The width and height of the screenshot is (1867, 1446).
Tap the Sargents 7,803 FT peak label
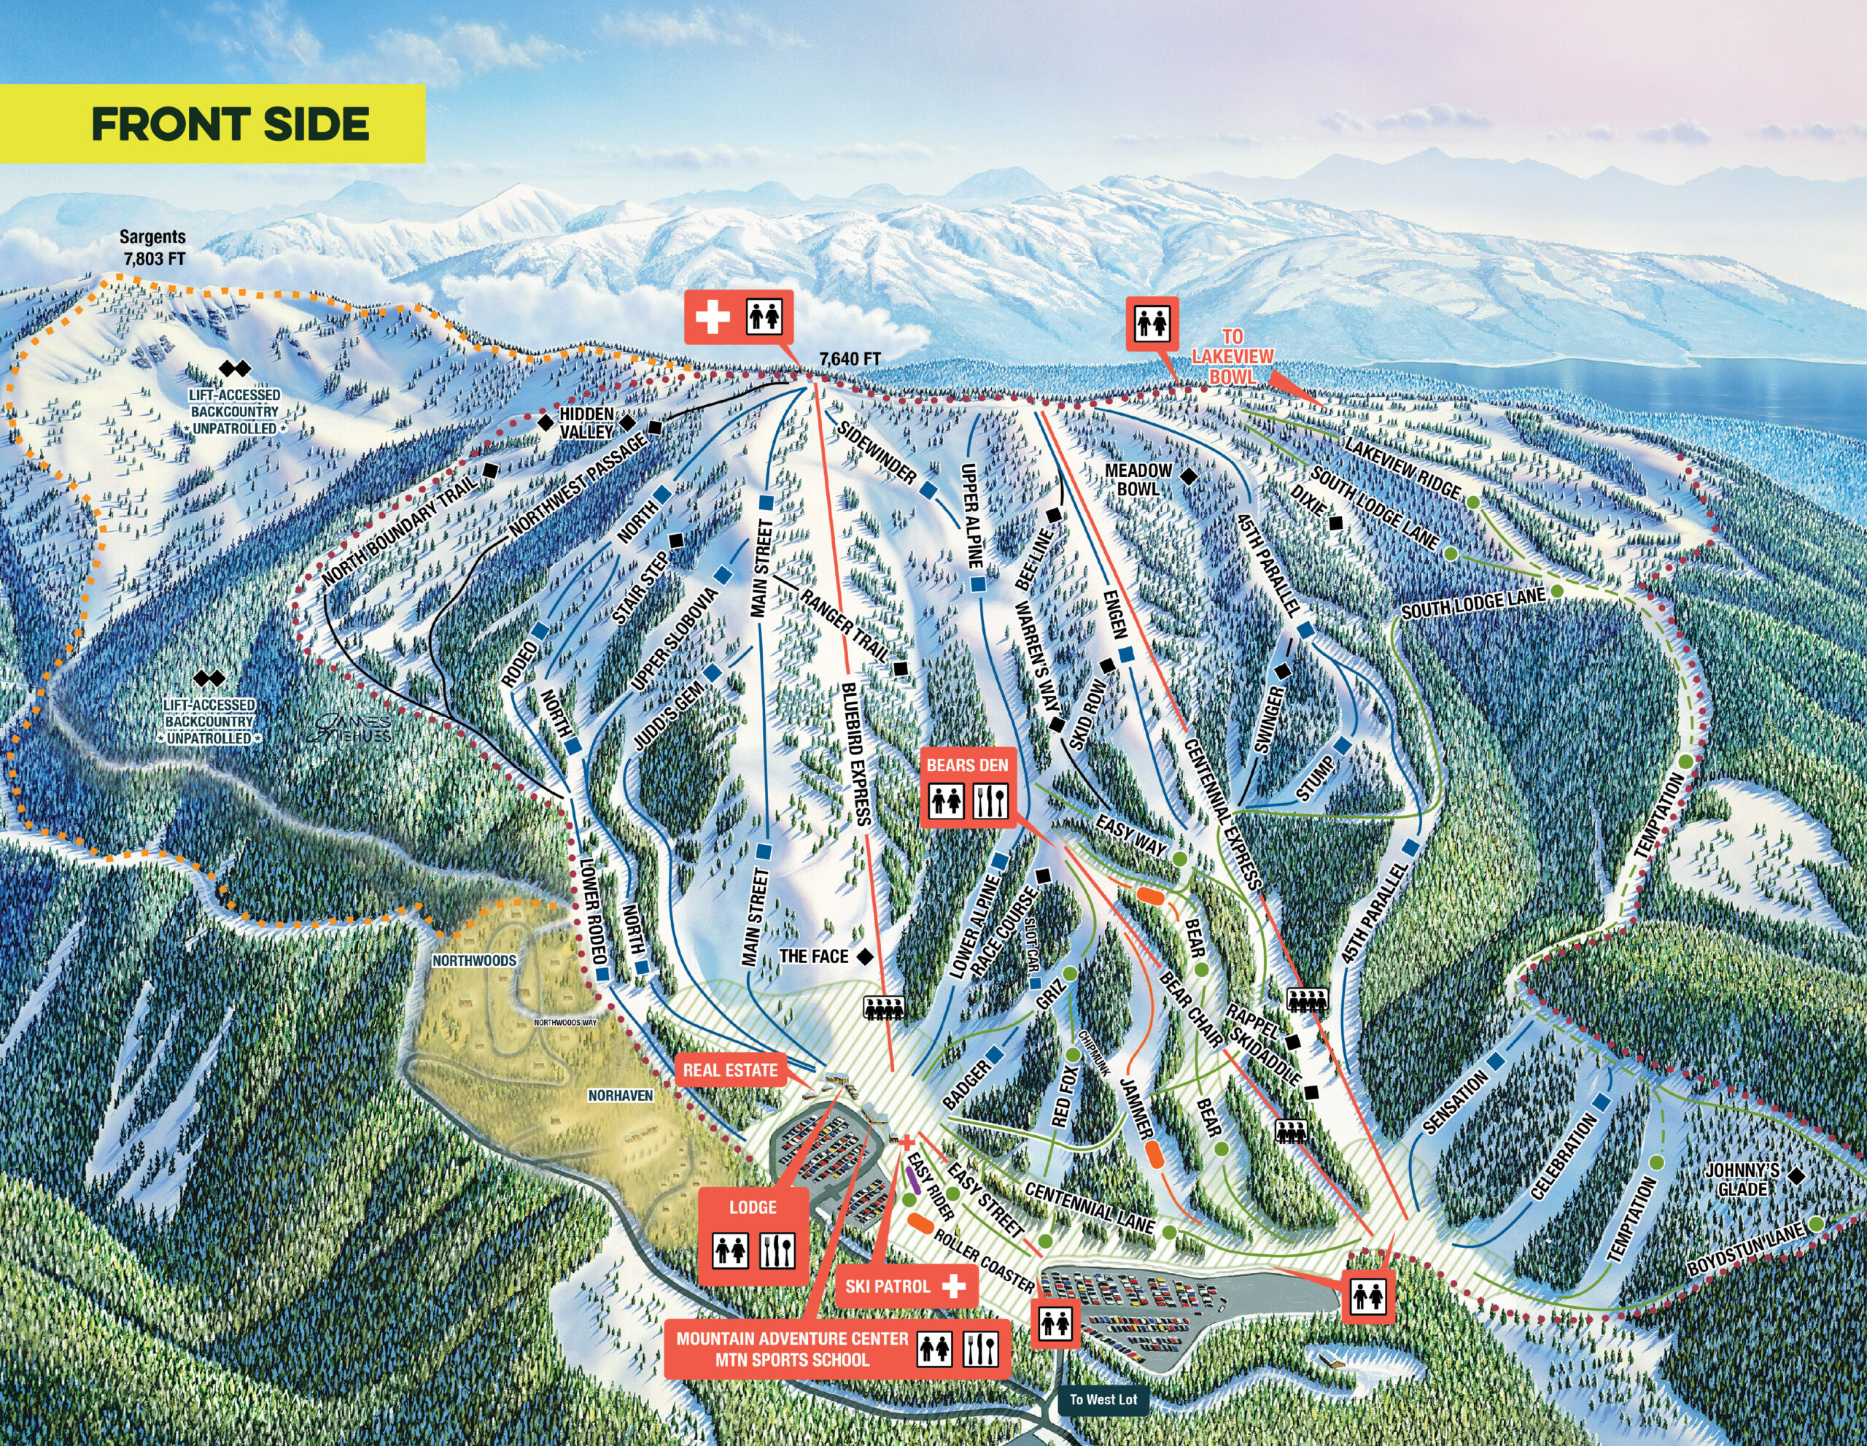click(152, 247)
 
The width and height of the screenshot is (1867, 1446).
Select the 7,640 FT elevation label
click(849, 359)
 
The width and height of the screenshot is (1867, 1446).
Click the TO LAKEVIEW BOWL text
click(1232, 357)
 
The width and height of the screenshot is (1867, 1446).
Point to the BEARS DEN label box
click(967, 765)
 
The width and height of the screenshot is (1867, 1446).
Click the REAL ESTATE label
click(729, 1070)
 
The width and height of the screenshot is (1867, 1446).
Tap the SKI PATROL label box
click(905, 1286)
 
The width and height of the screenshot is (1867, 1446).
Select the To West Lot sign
click(1103, 1399)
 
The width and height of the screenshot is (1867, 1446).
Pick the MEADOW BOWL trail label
click(1138, 479)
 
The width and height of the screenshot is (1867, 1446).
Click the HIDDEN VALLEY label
click(586, 423)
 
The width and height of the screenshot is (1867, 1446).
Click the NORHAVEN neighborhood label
click(620, 1094)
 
